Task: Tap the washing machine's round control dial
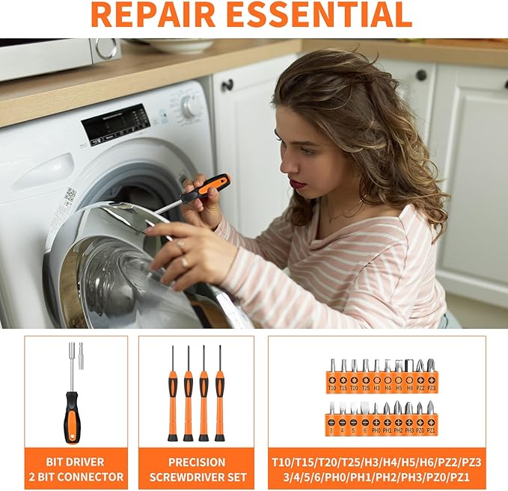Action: [x=192, y=105]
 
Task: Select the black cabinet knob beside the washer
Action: [x=227, y=85]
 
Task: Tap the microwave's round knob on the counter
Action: [x=105, y=49]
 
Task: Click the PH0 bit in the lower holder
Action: [x=376, y=419]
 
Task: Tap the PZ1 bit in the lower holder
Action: [x=431, y=419]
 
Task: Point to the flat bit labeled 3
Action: [x=332, y=419]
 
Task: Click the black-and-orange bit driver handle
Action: [x=72, y=416]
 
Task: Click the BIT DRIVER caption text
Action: [x=76, y=461]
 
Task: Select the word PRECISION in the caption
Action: [x=196, y=461]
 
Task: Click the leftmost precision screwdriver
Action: [x=173, y=396]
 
